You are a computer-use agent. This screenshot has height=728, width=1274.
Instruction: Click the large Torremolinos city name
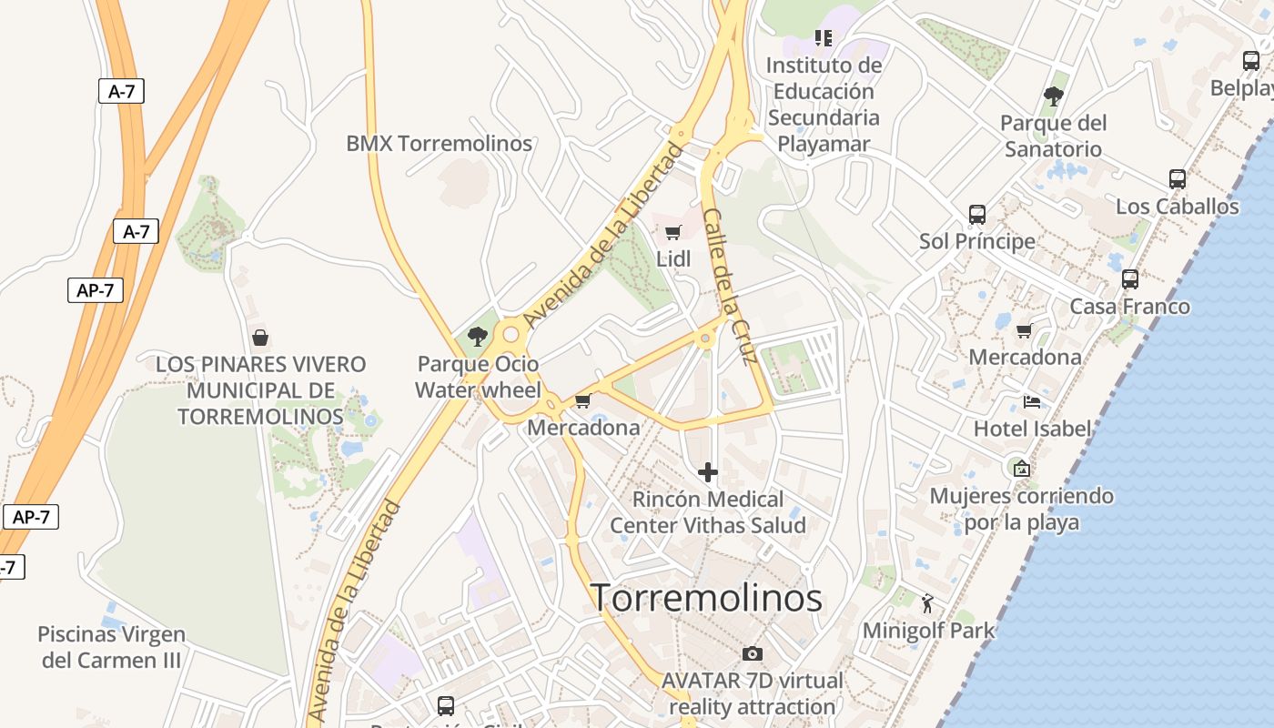707,598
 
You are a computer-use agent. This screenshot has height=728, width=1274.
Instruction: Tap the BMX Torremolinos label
439,143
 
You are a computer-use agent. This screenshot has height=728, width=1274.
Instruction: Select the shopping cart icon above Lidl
672,232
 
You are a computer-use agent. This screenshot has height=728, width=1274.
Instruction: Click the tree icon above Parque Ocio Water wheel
477,338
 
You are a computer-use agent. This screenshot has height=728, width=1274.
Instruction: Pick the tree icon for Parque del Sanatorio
1054,96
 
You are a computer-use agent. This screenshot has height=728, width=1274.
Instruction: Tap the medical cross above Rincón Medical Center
707,472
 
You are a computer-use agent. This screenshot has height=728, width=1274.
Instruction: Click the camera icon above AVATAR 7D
752,653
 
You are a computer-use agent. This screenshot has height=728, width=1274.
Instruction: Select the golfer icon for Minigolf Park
927,602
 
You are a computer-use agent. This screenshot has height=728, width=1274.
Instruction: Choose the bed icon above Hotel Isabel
1031,401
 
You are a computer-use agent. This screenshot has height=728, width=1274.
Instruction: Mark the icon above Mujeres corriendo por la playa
1021,469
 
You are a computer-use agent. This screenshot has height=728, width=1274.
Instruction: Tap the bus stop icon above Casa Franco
1129,279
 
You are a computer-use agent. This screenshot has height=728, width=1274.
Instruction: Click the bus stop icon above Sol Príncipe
976,215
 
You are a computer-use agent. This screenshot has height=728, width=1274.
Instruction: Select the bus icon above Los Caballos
1177,179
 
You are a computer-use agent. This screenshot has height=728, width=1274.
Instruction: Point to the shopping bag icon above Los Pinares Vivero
260,338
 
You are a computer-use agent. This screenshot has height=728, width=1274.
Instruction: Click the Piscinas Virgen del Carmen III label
111,647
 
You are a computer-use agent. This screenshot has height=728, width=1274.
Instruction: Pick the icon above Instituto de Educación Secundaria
823,38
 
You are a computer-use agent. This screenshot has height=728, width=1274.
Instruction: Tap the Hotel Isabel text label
1032,428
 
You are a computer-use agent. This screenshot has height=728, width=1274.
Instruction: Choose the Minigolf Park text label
928,630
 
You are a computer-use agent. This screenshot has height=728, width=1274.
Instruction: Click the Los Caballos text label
1177,207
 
